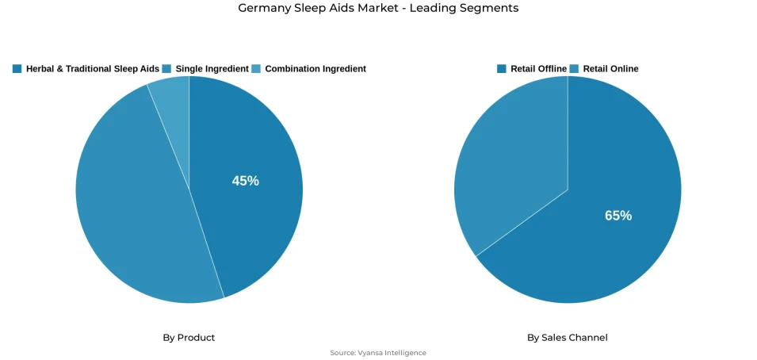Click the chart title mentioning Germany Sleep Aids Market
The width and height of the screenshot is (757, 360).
pos(378,8)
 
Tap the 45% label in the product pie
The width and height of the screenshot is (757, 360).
pos(245,181)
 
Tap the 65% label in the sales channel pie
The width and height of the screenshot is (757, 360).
pos(618,215)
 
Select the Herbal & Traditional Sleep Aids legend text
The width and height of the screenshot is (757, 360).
pos(92,69)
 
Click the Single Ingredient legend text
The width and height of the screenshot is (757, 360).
pos(212,69)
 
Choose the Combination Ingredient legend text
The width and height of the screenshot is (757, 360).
pos(315,69)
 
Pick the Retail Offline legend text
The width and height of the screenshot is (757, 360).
pos(538,69)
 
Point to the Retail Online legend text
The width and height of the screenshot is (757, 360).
pos(610,69)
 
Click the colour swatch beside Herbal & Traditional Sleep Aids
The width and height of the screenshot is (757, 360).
pos(17,69)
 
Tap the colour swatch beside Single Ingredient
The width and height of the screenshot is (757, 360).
pos(166,69)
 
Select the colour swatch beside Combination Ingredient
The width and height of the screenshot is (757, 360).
pos(256,69)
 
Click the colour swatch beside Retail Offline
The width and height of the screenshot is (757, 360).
pos(502,69)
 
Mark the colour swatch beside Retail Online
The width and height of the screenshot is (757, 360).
pos(574,69)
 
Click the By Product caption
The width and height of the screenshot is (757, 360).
pos(189,338)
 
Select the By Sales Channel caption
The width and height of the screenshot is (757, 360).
pos(568,338)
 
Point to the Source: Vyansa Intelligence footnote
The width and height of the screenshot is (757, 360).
pos(378,353)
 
